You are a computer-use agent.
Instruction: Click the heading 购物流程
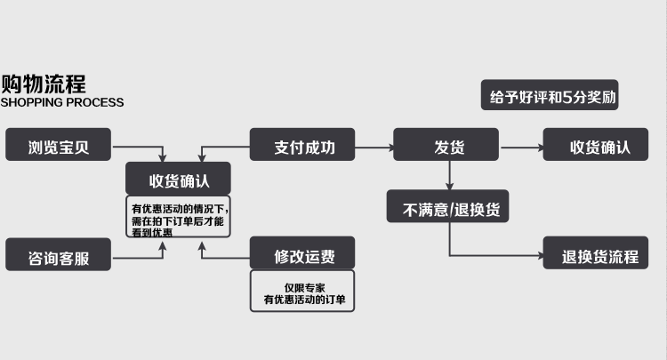pyautogui.click(x=43, y=84)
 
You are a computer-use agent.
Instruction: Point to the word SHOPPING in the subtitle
pyautogui.click(x=34, y=103)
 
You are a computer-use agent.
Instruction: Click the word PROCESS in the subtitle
pyautogui.click(x=97, y=103)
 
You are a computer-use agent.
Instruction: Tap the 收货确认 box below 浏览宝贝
pyautogui.click(x=179, y=179)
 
